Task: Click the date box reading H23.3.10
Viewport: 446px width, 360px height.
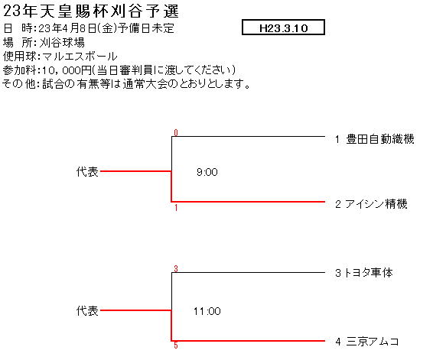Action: pyautogui.click(x=283, y=28)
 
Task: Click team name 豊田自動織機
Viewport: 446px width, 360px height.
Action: pyautogui.click(x=380, y=139)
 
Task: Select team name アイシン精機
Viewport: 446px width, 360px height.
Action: pyautogui.click(x=376, y=204)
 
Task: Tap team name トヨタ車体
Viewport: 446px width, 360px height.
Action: pyautogui.click(x=368, y=273)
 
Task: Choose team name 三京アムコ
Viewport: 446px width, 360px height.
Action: pyautogui.click(x=373, y=341)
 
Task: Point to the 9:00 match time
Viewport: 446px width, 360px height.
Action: pyautogui.click(x=207, y=172)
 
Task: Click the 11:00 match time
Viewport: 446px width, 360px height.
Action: pyautogui.click(x=207, y=311)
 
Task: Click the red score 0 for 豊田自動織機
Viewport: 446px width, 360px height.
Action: pyautogui.click(x=176, y=133)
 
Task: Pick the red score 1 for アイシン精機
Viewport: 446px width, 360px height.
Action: pyautogui.click(x=176, y=208)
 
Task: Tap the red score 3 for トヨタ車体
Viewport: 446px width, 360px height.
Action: pyautogui.click(x=176, y=268)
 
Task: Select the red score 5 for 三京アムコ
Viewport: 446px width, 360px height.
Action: pyautogui.click(x=176, y=345)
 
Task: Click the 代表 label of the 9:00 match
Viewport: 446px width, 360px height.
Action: pyautogui.click(x=87, y=172)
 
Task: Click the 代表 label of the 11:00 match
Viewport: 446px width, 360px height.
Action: pyautogui.click(x=87, y=311)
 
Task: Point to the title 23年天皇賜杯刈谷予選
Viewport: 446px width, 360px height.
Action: pyautogui.click(x=91, y=11)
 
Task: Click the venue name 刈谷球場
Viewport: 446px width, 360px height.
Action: pyautogui.click(x=62, y=43)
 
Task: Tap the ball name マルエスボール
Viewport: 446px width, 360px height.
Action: pyautogui.click(x=80, y=57)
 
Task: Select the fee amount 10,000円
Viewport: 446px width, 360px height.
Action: pyautogui.click(x=67, y=70)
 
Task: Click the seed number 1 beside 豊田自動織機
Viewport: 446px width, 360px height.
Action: pyautogui.click(x=337, y=140)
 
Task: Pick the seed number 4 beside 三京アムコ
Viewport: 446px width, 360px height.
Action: pyautogui.click(x=338, y=342)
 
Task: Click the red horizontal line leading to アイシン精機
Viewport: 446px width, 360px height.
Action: pyautogui.click(x=248, y=202)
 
